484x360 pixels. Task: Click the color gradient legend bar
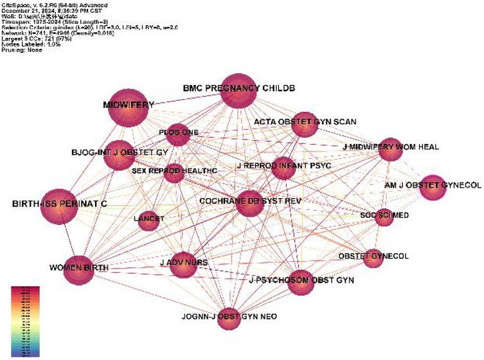(x=24, y=320)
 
